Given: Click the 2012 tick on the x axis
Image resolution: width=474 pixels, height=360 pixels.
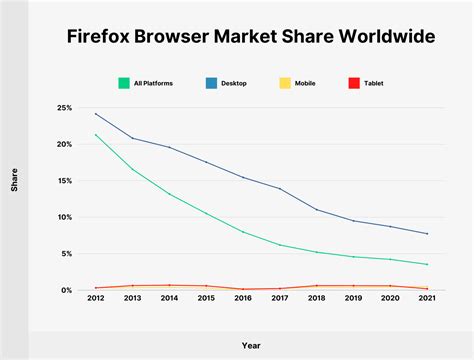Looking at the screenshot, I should [x=95, y=298].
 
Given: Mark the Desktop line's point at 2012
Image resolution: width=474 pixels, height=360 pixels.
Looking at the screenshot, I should [x=95, y=114].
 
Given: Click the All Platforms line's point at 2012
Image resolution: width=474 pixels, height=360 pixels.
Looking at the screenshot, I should [x=95, y=135].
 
